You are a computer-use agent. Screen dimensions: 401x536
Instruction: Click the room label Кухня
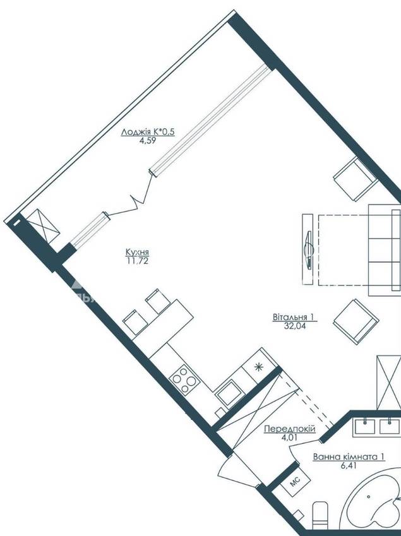138,253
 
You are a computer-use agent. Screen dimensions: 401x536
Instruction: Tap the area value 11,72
138,261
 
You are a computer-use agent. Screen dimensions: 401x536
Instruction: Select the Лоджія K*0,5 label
148,132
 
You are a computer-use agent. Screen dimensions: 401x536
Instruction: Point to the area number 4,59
148,140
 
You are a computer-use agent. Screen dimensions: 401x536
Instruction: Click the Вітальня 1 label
293,317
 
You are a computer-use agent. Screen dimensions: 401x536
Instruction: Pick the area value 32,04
295,326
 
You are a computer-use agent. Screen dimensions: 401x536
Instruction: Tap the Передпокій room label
290,429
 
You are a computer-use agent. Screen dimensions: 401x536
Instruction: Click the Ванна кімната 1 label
349,457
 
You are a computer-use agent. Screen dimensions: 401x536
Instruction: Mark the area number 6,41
349,465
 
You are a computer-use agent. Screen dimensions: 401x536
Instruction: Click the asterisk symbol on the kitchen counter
258,367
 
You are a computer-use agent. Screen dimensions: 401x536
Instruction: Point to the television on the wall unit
309,249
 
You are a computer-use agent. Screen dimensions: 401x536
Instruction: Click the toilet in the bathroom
321,516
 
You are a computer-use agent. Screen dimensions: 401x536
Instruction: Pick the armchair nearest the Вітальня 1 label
356,322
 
